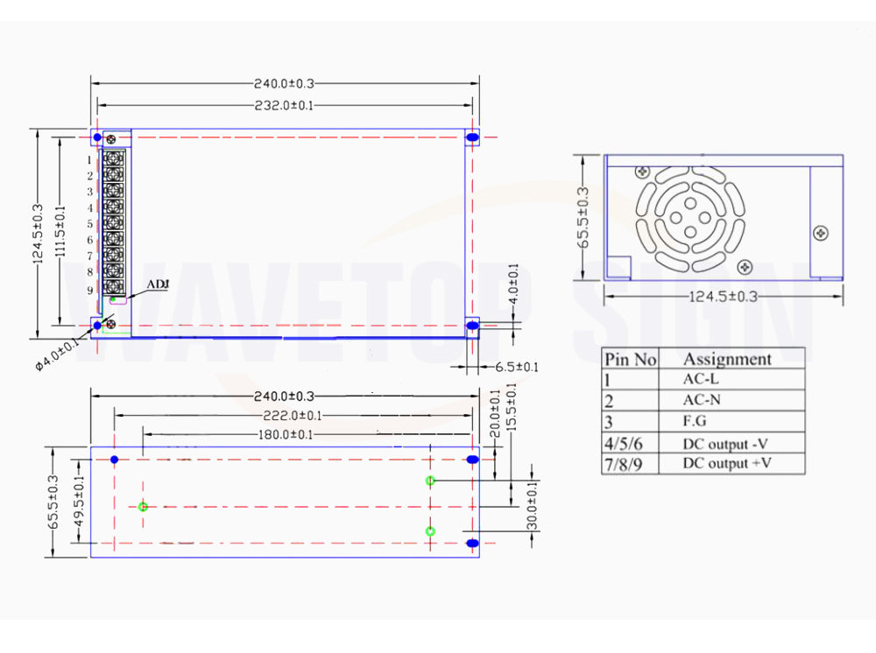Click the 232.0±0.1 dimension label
pos(284,105)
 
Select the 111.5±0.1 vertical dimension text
pos(60,232)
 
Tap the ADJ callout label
pos(158,284)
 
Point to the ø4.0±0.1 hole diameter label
pos(57,355)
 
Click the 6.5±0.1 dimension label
pos(517,367)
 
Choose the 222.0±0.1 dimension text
pos(293,415)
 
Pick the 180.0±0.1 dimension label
pos(285,434)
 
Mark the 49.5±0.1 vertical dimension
pos(79,502)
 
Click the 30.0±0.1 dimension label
pos(532,506)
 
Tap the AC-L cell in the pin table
pos(701,379)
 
